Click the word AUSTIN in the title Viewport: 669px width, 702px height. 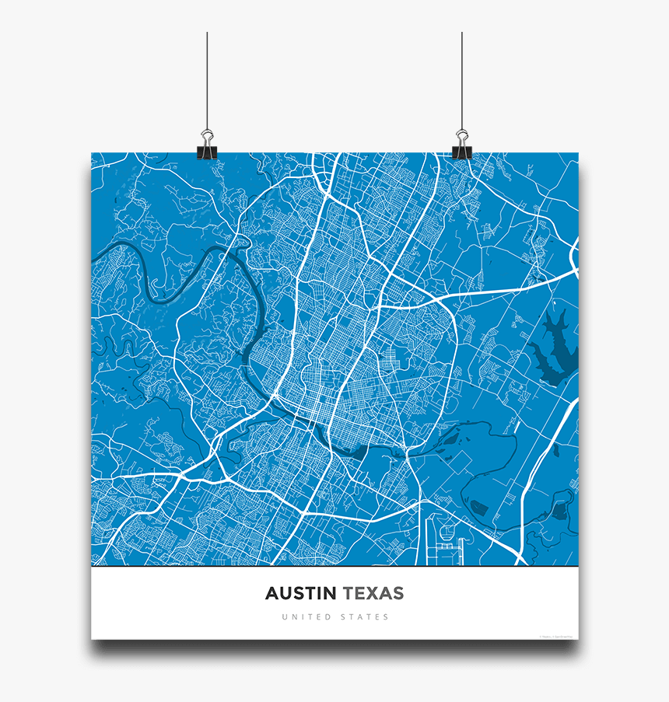click(300, 594)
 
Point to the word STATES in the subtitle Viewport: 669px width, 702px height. click(364, 617)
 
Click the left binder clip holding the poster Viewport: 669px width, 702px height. click(207, 147)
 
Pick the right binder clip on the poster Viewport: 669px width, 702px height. click(462, 147)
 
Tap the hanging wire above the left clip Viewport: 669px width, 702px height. click(207, 78)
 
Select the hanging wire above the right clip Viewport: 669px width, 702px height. click(462, 78)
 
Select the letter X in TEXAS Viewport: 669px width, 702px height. click(375, 594)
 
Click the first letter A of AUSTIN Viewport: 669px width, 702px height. click(271, 594)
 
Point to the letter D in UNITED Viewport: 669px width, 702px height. click(327, 617)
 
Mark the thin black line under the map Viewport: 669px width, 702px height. click(334, 568)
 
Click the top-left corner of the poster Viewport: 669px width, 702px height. click(92, 152)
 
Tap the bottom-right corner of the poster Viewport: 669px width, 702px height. click(578, 639)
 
